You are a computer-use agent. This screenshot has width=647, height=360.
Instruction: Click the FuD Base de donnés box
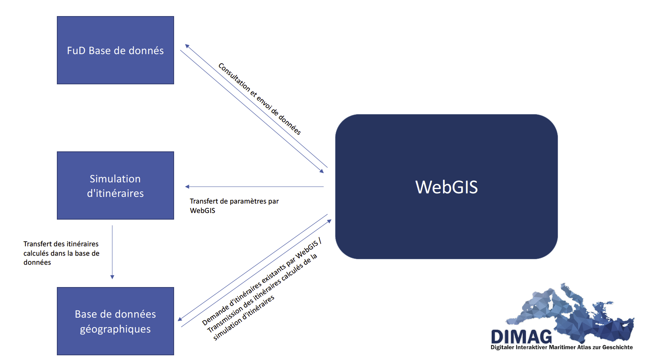tap(115, 50)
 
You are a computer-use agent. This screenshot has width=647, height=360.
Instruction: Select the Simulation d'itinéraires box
tap(115, 185)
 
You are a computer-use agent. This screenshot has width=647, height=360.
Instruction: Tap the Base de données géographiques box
tap(115, 321)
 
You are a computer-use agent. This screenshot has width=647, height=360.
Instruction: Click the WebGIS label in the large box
tap(447, 187)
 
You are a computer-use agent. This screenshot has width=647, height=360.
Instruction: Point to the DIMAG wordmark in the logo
tap(522, 336)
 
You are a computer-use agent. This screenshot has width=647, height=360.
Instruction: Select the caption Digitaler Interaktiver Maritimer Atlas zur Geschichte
tap(562, 347)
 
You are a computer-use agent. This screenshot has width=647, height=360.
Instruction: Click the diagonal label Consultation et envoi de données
tap(260, 99)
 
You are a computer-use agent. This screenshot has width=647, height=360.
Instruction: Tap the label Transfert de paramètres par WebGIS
tap(234, 206)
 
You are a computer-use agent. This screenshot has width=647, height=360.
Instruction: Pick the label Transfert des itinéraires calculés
tap(61, 253)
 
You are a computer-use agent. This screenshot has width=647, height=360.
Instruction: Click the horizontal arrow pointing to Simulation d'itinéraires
tap(254, 187)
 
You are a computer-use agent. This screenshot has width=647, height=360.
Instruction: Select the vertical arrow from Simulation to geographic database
tap(113, 252)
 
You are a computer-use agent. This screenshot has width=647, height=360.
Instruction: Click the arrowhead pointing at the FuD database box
tap(187, 46)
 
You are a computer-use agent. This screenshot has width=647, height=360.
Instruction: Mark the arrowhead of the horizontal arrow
tap(187, 187)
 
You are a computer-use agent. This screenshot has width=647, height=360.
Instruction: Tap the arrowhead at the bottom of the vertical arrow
tap(113, 277)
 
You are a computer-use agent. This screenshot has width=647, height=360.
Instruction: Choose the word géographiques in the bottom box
tap(115, 329)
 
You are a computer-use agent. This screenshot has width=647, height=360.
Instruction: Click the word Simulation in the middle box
tap(115, 178)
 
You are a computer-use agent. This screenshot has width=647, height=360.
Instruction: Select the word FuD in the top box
tap(76, 51)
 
